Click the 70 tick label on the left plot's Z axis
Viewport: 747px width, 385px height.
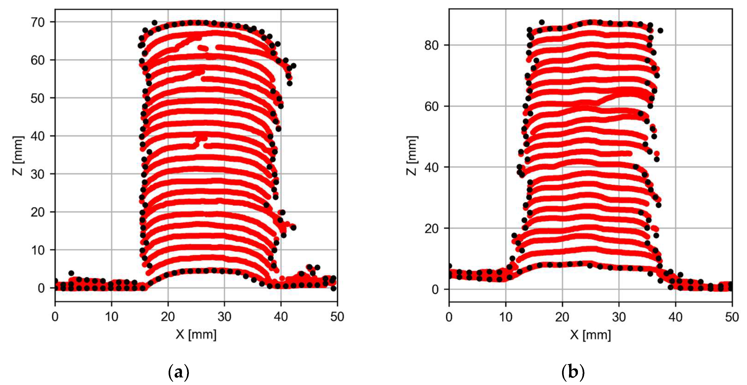pos(38,22)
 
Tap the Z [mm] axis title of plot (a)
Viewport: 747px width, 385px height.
pos(18,156)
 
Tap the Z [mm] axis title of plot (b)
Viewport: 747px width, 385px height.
pos(412,156)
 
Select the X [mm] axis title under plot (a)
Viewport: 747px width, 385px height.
pos(196,335)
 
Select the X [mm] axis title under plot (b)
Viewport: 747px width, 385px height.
pos(590,335)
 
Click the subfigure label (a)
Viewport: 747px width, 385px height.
pos(179,372)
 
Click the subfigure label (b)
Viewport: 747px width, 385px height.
pos(573,372)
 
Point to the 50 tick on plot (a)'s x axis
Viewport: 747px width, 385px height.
pos(337,317)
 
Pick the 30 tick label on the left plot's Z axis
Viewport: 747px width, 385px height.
pos(38,174)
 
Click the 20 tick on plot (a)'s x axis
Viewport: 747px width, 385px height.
pos(168,317)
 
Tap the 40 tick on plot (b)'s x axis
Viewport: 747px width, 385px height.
pos(675,317)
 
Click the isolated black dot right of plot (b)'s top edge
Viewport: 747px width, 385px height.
pos(660,30)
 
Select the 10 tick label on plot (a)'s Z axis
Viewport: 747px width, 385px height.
pos(38,250)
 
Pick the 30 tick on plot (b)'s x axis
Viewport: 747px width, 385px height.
pos(619,317)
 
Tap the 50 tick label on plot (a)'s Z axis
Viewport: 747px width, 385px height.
pos(38,98)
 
